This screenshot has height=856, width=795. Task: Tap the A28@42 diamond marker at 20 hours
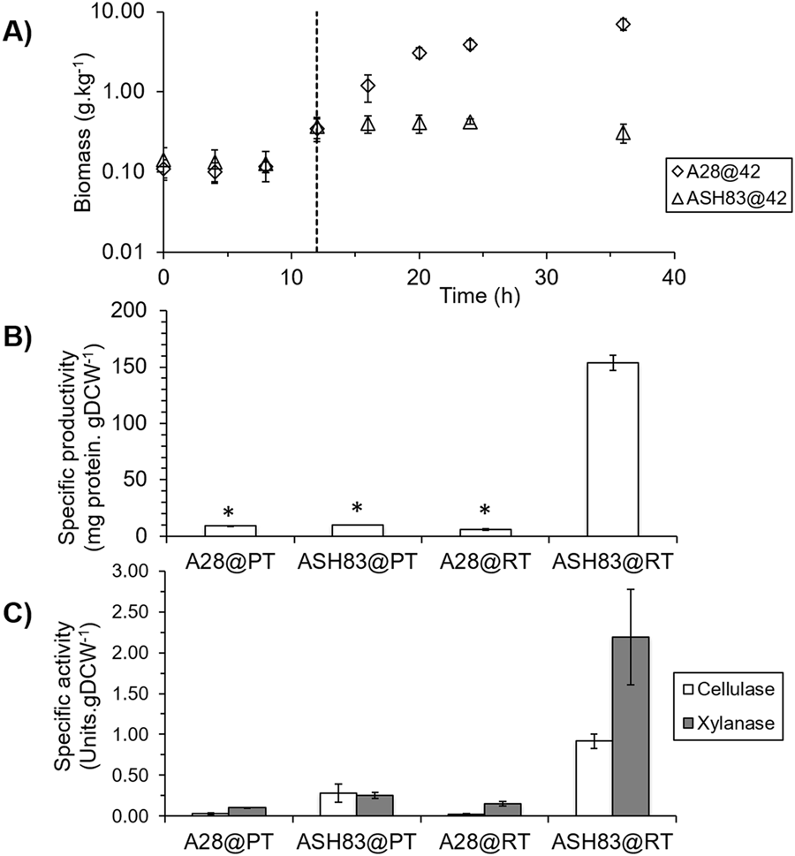[x=420, y=53]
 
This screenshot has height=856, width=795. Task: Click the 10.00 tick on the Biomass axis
[x=125, y=13]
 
